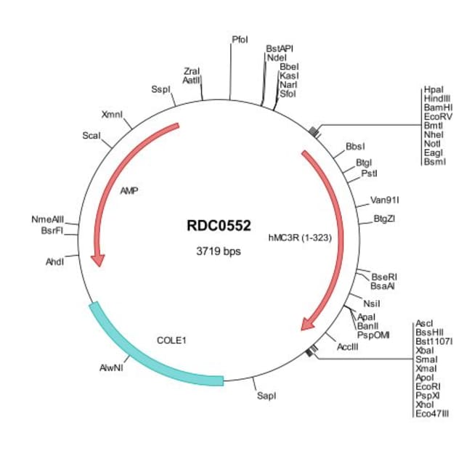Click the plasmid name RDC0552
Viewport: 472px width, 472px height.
(x=218, y=226)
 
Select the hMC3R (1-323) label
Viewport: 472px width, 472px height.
(x=300, y=236)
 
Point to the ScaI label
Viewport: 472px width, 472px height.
(x=91, y=136)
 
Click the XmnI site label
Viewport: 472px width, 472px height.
(x=113, y=114)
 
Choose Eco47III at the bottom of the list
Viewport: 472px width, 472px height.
(x=432, y=413)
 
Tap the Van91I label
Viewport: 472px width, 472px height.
(x=385, y=199)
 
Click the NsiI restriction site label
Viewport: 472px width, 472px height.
(x=372, y=304)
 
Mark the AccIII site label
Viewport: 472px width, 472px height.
(x=348, y=346)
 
